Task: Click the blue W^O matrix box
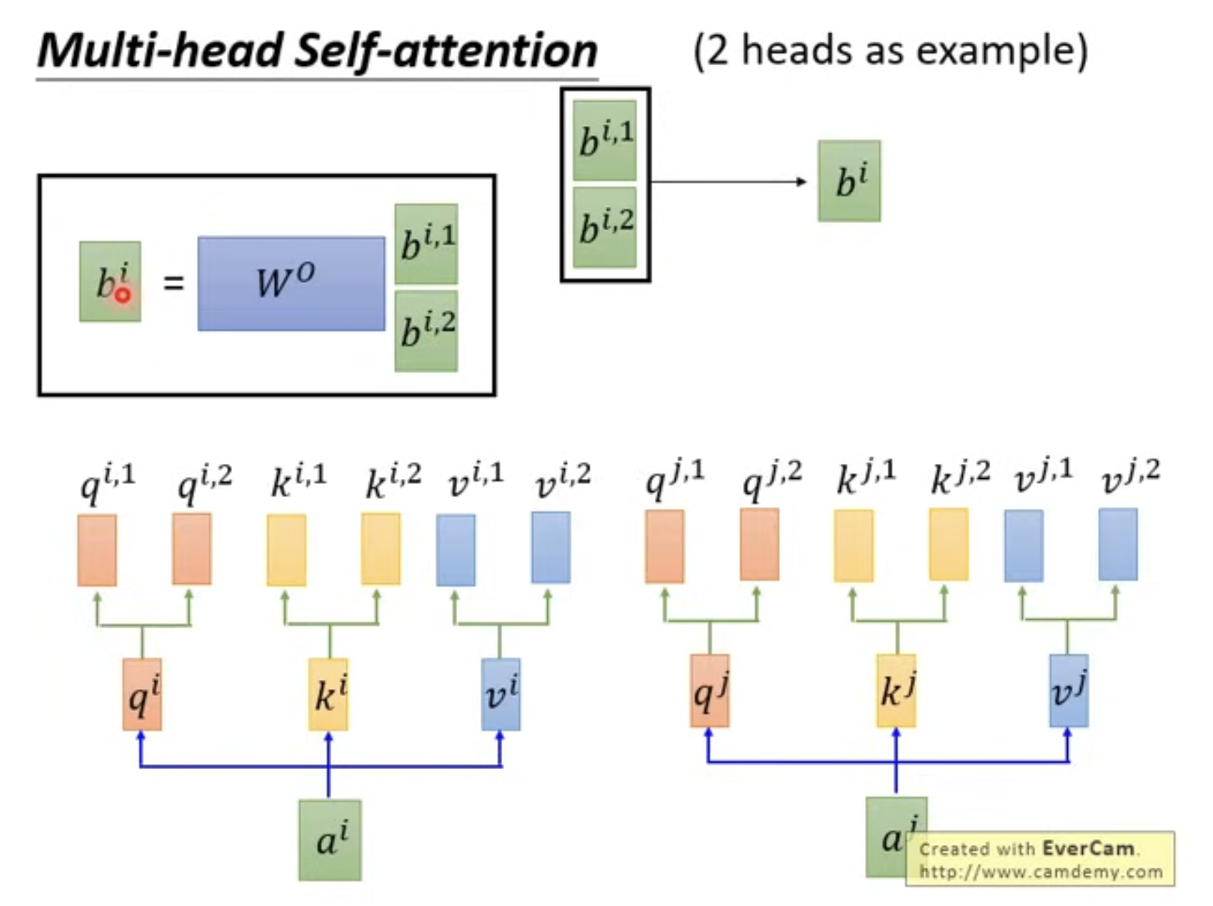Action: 291,284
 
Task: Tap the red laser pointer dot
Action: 122,295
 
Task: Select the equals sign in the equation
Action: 173,284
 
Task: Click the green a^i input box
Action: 330,840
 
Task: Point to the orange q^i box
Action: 142,694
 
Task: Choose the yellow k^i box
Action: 328,694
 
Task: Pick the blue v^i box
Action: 500,694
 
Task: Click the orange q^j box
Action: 710,691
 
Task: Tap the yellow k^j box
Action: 896,691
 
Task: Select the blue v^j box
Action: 1068,691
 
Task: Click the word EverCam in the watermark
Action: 1088,848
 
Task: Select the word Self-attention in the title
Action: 445,51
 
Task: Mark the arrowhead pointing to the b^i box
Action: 802,181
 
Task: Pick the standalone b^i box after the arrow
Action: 849,181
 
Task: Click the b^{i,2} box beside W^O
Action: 426,331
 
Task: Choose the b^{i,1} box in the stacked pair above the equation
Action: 605,140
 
